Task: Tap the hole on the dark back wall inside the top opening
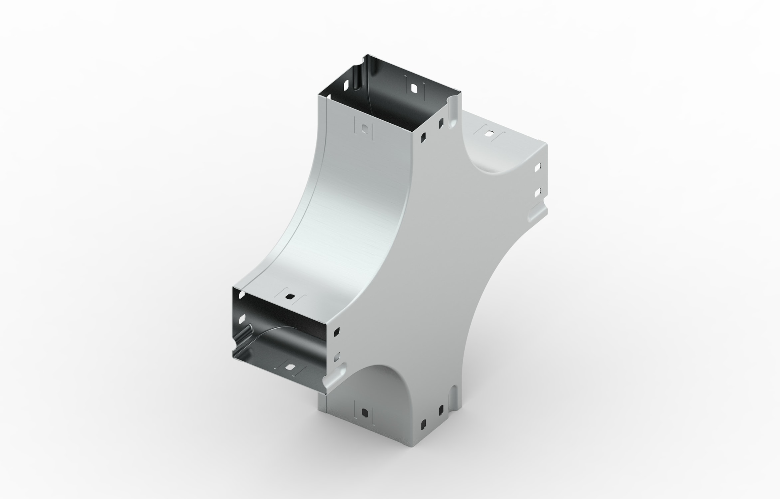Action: pos(414,88)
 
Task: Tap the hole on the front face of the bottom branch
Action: pos(364,413)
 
